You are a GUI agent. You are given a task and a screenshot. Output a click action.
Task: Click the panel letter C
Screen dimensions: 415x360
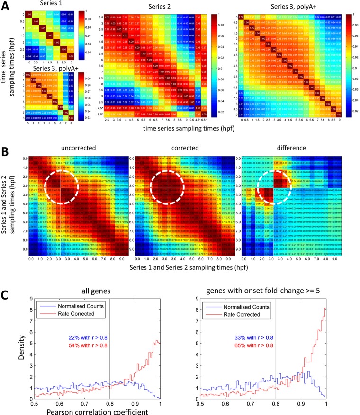(x=6, y=280)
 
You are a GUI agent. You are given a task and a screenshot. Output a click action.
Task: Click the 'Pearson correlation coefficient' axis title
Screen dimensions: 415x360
(x=90, y=410)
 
